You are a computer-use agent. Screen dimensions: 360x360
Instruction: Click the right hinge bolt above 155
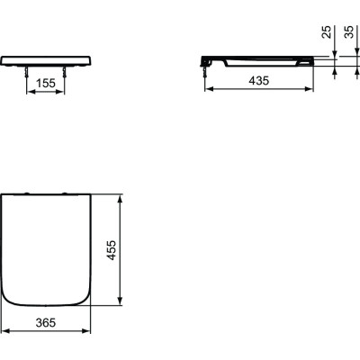point(68,74)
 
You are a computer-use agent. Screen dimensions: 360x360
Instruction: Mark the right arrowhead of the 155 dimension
point(67,92)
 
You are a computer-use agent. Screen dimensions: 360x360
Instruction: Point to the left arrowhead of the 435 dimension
point(206,92)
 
